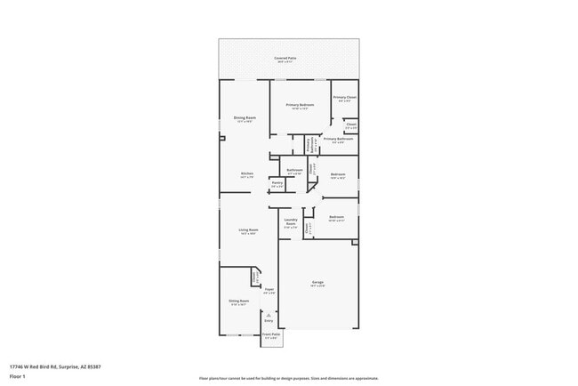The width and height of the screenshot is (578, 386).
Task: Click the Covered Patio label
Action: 285,58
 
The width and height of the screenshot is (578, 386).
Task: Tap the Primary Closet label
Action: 345,99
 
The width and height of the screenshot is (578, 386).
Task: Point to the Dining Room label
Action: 245,119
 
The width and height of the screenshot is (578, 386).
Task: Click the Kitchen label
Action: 246,175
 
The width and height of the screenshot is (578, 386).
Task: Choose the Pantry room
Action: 277,184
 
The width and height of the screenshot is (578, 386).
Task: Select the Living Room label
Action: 247,231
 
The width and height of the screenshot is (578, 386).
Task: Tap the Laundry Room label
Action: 290,224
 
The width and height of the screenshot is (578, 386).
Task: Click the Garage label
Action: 317,285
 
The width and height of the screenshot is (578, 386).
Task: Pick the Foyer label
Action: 269,291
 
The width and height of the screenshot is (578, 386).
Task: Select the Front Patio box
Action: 271,336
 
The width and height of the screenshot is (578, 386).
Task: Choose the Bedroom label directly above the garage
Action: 336,218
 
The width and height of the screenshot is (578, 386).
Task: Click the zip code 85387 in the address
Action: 93,366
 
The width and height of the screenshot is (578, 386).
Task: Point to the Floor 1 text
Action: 18,376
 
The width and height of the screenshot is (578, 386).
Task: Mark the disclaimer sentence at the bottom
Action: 288,378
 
